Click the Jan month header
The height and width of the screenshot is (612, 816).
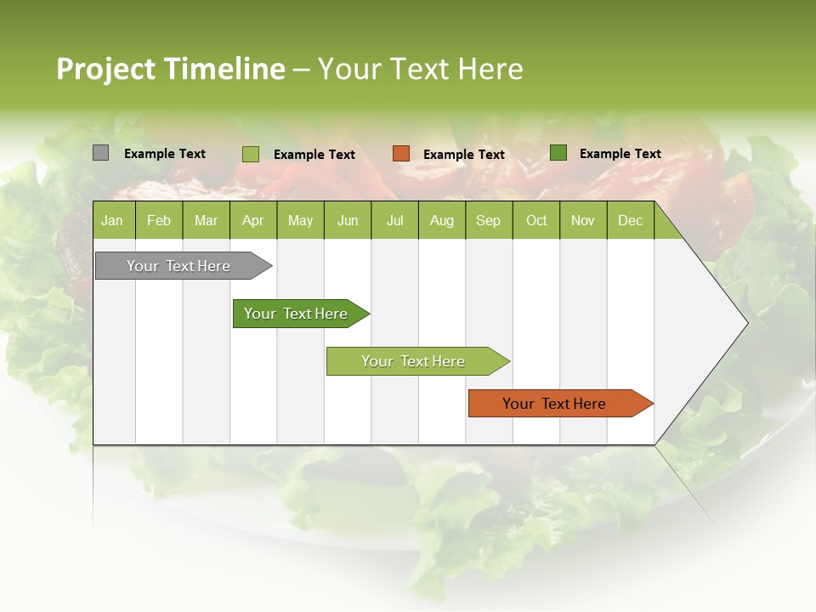coord(112,221)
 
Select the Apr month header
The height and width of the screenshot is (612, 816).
coord(252,221)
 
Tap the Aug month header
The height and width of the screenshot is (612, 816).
coord(441,221)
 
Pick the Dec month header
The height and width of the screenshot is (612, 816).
coord(630,221)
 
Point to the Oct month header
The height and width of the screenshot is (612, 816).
coord(536,221)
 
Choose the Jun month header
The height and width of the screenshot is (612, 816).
coord(348,221)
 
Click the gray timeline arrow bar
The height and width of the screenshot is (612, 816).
coord(179,266)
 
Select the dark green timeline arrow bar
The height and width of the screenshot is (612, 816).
coord(297,314)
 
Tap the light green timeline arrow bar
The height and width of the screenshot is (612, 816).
coord(414,361)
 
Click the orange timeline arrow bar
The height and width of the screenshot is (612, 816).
coord(555,404)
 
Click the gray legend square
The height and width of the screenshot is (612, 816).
coord(100,153)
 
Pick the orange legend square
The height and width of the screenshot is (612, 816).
coord(401,154)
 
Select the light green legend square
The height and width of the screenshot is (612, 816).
coord(251,154)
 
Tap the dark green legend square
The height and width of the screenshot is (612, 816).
coord(558,153)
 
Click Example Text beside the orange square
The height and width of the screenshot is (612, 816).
coord(463,155)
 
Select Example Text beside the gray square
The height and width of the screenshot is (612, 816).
coord(165,154)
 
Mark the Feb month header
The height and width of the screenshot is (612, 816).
coord(159,221)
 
